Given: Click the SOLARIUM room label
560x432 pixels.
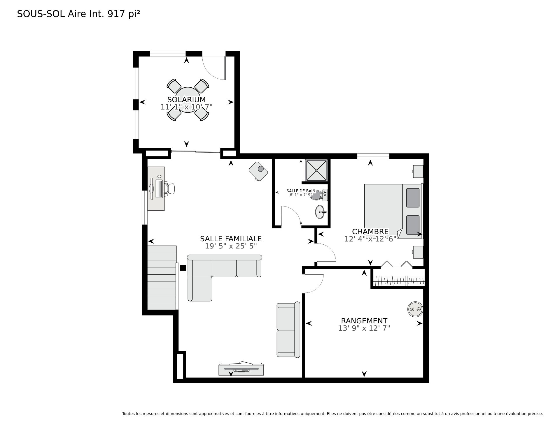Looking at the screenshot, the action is pos(186,99).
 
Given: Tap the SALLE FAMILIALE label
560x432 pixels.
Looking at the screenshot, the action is pos(231,239).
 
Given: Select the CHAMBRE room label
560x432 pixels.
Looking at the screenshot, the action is pos(370,232).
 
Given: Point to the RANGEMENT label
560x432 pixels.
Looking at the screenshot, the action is pos(364,321).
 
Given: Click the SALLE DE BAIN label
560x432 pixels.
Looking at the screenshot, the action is pos(301,191).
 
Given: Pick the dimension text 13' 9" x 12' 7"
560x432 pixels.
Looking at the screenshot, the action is pos(364,328).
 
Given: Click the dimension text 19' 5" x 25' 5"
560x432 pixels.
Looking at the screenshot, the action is pos(231,246).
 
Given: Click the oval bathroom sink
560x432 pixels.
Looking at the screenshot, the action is pos(321,212).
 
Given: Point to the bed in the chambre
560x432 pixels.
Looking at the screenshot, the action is pos(393,211).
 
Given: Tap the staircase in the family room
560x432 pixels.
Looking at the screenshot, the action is pos(162,278).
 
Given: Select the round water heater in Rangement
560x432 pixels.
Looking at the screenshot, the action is pos(415,309).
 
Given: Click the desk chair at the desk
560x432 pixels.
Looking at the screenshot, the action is pos(170,188).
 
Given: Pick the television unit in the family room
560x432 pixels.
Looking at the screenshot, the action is pos(241,369).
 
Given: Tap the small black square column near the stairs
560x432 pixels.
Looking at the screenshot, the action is pos(183,268).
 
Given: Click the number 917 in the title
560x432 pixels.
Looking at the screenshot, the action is pos(116,14).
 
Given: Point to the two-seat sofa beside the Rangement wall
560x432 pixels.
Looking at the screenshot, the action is pos(288,329).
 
